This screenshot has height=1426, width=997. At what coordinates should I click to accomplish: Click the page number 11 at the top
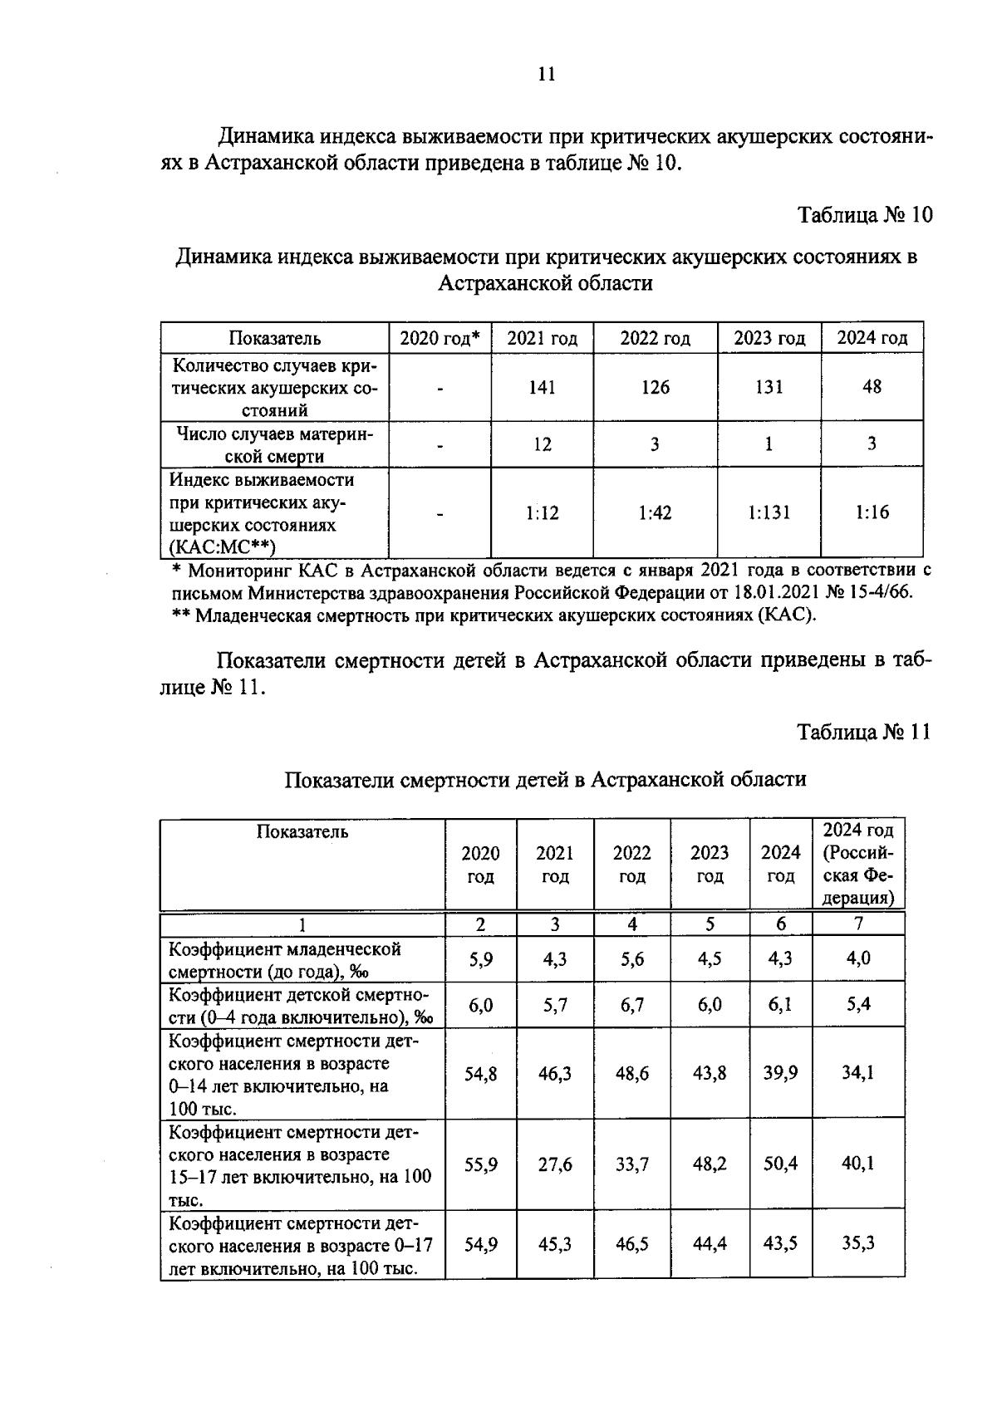point(546,74)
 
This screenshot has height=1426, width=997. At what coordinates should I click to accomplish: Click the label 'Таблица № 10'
point(865,215)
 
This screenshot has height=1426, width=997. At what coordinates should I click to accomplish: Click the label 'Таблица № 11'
point(864,732)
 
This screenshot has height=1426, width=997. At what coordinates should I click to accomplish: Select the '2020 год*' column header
point(440,338)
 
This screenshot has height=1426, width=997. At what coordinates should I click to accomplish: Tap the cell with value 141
point(542,387)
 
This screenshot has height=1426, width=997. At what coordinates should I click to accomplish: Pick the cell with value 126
point(655,387)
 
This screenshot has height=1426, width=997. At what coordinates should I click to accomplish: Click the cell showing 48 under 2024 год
point(872,386)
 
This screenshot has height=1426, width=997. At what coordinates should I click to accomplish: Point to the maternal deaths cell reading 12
point(542,444)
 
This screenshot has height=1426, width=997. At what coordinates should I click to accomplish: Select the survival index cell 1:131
point(769,512)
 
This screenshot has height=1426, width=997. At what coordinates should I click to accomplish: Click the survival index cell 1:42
point(655,513)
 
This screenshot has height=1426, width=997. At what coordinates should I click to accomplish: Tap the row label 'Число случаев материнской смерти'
point(275,444)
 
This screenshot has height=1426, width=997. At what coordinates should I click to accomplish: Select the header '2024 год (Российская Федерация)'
point(858,864)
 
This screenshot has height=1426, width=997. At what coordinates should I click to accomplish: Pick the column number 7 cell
point(858,924)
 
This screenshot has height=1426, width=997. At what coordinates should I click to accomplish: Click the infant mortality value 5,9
point(480,959)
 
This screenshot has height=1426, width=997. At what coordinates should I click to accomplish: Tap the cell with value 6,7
point(631,1005)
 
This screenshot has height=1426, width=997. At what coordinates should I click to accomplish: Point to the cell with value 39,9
point(780,1073)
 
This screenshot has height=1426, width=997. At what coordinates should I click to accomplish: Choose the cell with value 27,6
point(554,1164)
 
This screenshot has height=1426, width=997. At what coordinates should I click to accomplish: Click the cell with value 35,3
point(858,1243)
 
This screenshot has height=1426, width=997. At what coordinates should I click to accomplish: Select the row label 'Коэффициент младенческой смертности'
point(285,960)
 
